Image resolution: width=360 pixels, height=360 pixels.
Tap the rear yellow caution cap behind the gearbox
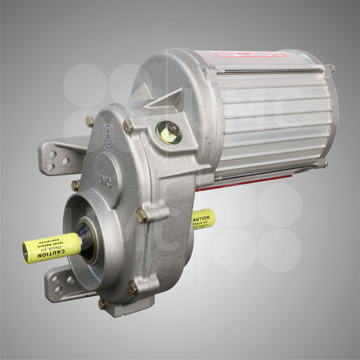pos(203,220)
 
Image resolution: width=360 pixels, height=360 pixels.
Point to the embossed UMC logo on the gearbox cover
pos(105,178)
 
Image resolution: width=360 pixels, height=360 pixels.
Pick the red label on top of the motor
pos(248,54)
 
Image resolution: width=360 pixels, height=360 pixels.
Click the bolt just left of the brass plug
pos(128,126)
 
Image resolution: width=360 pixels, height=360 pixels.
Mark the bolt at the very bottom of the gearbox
pos(103,304)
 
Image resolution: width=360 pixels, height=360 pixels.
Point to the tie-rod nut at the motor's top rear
pos(331,69)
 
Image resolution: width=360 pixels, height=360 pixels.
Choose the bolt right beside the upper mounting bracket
pos(90,121)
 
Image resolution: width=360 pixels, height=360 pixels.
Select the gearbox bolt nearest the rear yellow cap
pos(142,215)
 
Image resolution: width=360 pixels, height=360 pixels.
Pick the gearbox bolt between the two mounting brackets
pos(75,185)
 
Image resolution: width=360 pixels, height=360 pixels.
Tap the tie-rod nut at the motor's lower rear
pos(324,162)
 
